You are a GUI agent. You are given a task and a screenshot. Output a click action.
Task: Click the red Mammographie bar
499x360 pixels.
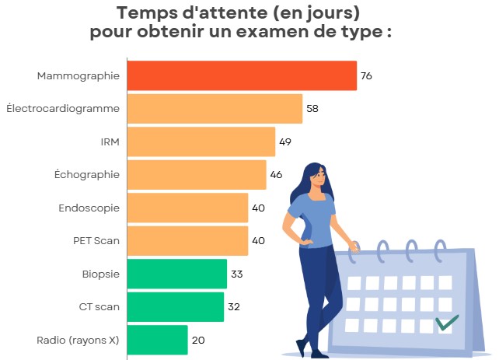pos(241,75)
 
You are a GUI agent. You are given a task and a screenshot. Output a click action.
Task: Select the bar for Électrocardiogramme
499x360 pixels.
pos(214,109)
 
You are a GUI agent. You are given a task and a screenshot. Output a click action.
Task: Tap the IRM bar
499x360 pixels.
pos(201,142)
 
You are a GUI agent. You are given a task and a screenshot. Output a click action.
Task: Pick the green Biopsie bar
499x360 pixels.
pos(176,274)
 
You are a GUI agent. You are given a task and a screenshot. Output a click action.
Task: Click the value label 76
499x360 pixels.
pos(366,76)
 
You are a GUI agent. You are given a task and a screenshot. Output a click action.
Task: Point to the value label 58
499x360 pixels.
pos(312,109)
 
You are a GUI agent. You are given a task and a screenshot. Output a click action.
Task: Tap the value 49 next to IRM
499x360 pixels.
pos(284,142)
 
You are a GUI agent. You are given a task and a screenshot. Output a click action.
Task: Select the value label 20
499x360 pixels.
pos(197,340)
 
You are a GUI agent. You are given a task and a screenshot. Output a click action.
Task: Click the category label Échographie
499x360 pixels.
pos(89,175)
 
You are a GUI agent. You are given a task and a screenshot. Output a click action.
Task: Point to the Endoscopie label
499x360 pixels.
pos(89,208)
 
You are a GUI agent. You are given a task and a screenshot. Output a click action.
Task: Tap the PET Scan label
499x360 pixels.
pos(96,241)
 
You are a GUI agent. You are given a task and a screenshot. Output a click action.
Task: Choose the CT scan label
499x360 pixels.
pos(99,307)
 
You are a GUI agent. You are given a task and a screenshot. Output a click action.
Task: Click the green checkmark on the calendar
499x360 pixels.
pos(446,322)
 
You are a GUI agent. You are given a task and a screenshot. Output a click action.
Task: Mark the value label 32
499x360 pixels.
pos(233,307)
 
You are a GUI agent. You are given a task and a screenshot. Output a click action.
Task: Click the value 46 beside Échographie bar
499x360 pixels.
pos(276,175)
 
